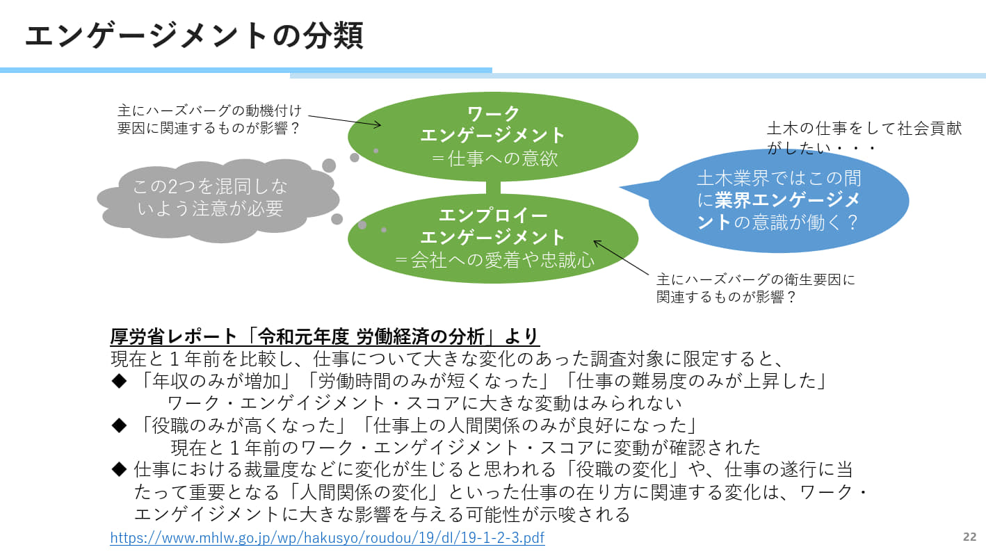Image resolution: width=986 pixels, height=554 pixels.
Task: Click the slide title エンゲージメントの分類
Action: pos(194,35)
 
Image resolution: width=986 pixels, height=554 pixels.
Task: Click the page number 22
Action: pos(969,537)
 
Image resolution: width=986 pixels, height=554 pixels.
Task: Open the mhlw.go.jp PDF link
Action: pos(327,537)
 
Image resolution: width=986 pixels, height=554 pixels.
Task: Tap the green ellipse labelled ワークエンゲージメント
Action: pos(492,135)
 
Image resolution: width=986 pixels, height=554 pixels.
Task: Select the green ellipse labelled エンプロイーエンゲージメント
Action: pos(492,237)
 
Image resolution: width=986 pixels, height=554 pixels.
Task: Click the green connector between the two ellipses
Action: pos(492,188)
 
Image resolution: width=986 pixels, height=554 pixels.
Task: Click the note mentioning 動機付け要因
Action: pos(209,119)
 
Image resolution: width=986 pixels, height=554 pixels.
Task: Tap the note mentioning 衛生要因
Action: pos(755,288)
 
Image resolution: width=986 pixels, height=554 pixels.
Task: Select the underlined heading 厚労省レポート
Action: pos(325,336)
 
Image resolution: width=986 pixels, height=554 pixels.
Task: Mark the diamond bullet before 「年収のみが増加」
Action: pos(120,381)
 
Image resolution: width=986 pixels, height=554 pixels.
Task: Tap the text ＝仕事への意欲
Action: pos(492,158)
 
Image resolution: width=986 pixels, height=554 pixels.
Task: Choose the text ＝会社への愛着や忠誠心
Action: pos(492,261)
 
